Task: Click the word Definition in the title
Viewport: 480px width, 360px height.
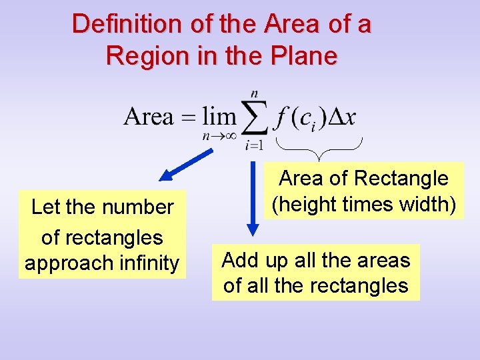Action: (x=118, y=24)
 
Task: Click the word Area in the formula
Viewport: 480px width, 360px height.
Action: (x=149, y=117)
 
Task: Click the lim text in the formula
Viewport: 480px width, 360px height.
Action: (x=219, y=117)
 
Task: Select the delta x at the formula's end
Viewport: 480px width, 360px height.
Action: (x=343, y=118)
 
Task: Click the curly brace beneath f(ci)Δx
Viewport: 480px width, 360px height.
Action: (x=319, y=148)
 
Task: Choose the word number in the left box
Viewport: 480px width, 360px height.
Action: (x=139, y=207)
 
